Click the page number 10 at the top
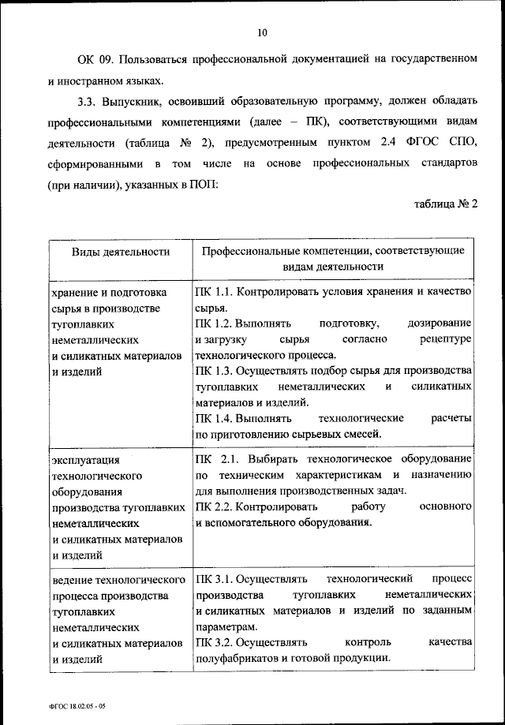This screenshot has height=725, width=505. (x=263, y=32)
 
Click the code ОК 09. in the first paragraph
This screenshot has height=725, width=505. (x=95, y=60)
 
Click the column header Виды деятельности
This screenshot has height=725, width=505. (x=121, y=252)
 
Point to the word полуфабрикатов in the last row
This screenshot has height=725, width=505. (x=237, y=659)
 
